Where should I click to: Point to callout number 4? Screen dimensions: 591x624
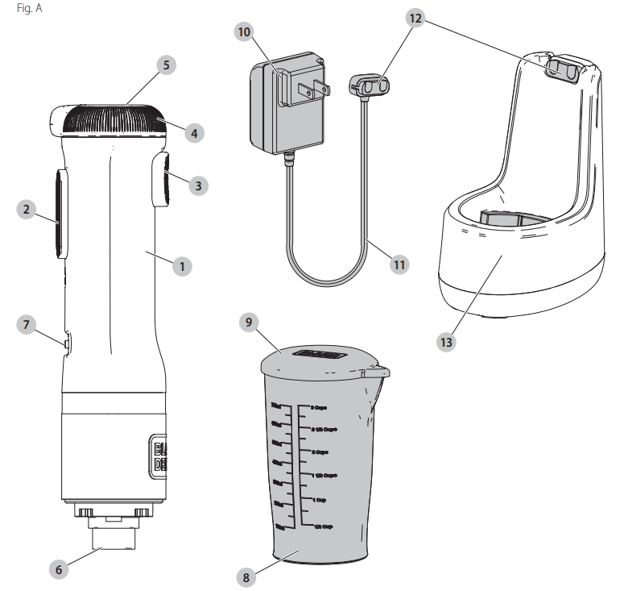pyautogui.click(x=192, y=132)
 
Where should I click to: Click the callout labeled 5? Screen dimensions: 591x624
pyautogui.click(x=165, y=65)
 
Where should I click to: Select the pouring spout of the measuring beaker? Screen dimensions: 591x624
pyautogui.click(x=378, y=372)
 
